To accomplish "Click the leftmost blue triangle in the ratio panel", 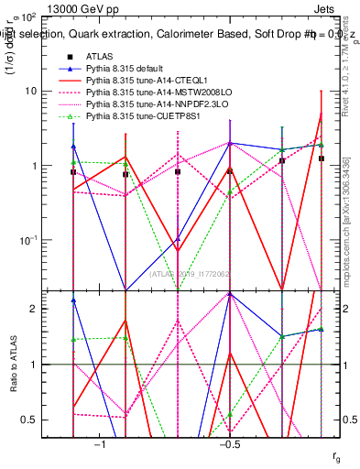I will pos(73,300).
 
